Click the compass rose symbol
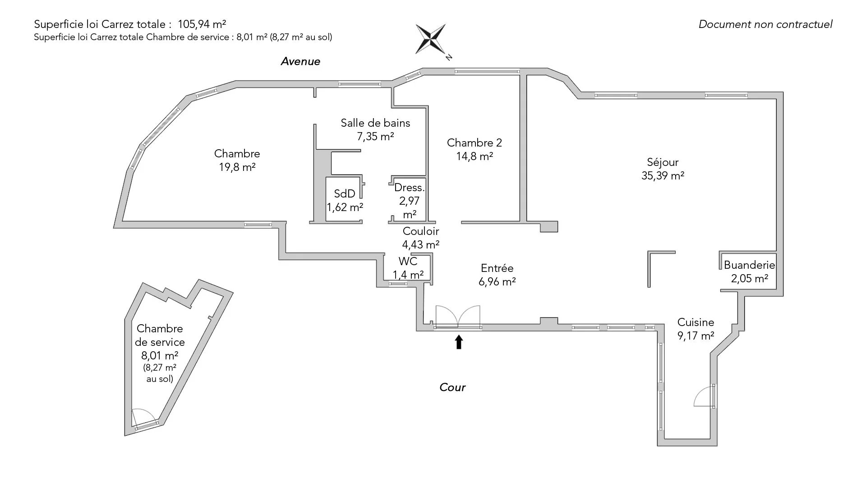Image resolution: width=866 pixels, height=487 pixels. pos(431,39)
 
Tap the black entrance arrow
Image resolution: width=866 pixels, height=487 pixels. pos(459,342)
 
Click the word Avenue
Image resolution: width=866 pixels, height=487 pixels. pos(300,61)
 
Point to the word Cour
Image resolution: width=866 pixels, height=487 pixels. pos(452,387)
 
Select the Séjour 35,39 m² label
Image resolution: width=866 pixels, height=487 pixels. pos(663,169)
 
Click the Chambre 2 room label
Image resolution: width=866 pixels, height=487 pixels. pos(474,149)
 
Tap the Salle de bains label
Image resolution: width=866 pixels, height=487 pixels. pos(375,129)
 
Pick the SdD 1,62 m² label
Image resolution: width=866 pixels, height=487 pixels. pos(345,200)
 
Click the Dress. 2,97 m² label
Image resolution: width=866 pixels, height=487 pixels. pos(409,201)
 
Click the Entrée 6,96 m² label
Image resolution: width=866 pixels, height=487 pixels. pos(497,275)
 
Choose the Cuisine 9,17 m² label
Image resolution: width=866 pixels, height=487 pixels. pos(696,329)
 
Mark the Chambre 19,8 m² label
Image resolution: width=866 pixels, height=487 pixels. pos(237,160)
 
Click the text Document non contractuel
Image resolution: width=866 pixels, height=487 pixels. pos(765,24)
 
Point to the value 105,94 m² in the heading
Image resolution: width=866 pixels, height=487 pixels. pos(202,24)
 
